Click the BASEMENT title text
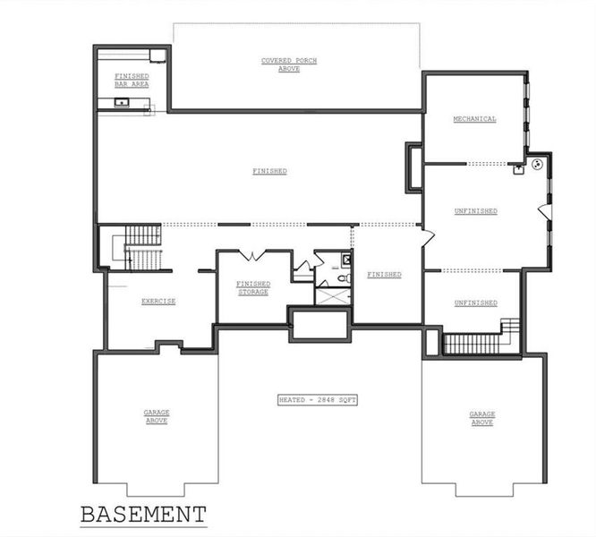[143, 515]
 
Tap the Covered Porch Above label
[288, 64]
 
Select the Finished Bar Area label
[132, 81]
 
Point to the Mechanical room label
[474, 119]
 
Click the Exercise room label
[158, 302]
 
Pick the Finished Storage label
[253, 288]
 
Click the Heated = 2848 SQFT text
[318, 399]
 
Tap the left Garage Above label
[157, 416]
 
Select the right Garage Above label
[482, 417]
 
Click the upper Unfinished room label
[475, 211]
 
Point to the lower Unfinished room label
[475, 303]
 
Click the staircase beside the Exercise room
[140, 247]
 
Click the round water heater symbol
[538, 165]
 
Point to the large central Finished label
[269, 171]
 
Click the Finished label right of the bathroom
[384, 275]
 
